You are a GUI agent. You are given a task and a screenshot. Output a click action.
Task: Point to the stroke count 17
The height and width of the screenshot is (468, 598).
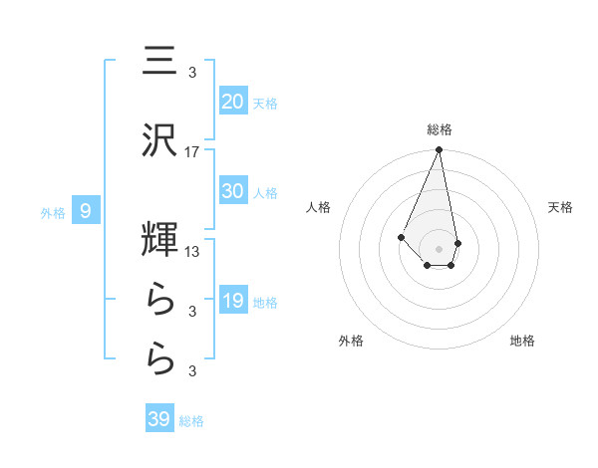tap(192, 152)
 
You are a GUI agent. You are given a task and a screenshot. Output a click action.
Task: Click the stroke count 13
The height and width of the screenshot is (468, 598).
tap(192, 251)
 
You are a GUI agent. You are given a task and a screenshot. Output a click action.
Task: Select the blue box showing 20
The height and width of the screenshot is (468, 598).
tap(232, 101)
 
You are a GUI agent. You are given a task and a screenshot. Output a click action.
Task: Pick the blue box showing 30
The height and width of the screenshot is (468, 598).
tap(232, 191)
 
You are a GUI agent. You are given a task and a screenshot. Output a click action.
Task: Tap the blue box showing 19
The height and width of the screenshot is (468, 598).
tap(232, 301)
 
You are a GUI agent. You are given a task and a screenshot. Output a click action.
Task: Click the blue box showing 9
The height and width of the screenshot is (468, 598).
tap(87, 210)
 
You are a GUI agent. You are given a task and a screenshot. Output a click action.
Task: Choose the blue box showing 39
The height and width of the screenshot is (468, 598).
tap(159, 419)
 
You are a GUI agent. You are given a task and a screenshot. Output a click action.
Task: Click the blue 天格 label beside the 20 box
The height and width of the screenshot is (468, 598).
tap(265, 103)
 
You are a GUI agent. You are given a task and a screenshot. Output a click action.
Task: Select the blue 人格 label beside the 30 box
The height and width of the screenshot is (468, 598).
tap(265, 193)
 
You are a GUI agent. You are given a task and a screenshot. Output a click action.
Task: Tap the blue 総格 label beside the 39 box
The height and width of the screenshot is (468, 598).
tap(191, 421)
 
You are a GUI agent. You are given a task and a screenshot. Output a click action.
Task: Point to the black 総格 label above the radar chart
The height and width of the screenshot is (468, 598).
tap(440, 129)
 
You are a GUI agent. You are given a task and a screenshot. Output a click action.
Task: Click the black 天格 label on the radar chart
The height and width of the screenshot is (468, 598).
tap(561, 207)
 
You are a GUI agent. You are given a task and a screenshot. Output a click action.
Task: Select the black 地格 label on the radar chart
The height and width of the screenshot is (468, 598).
tap(522, 341)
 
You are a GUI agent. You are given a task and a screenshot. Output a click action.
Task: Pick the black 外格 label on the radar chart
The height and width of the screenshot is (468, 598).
tap(351, 341)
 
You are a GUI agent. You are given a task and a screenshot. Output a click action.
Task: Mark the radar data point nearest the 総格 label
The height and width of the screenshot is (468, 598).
tap(439, 150)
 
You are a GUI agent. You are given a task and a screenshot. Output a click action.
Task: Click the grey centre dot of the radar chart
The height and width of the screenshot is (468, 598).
tap(439, 248)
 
